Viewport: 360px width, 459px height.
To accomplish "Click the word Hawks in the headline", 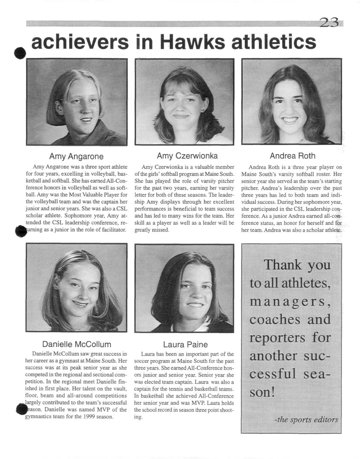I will pos(194,42).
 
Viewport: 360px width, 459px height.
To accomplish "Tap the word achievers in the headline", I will pos(80,42).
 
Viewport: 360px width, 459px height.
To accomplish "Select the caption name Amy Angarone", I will pos(76,156).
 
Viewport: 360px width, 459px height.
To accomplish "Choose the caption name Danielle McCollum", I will pos(77,344).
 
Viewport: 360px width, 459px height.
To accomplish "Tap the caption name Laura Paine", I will pos(185,345).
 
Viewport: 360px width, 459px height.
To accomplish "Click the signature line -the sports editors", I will pos(306,419).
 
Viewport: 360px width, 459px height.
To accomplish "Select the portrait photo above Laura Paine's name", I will pos(184,288).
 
